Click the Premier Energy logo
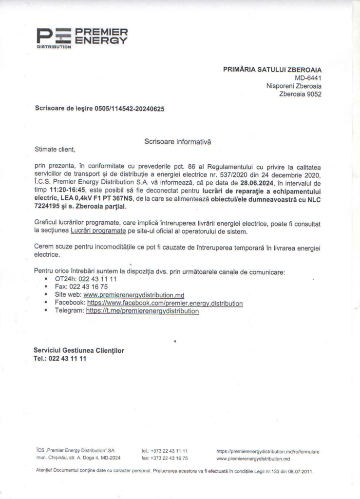point(82,38)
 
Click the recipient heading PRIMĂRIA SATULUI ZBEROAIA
point(272,70)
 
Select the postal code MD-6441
point(308,78)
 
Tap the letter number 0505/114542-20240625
point(130,109)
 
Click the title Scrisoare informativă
point(178,141)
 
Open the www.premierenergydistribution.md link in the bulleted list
point(134,295)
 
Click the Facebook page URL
point(165,303)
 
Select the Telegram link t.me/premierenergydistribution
point(142,311)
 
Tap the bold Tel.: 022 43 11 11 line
point(60,359)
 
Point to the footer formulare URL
point(267,452)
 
